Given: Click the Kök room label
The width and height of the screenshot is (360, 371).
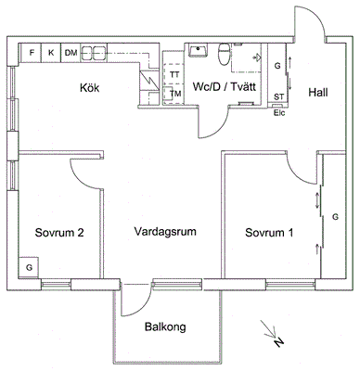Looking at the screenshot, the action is tap(90, 88).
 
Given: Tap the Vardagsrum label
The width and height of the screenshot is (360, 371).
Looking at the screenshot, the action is tap(165, 231).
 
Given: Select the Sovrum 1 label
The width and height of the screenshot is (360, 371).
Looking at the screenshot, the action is tap(269, 233).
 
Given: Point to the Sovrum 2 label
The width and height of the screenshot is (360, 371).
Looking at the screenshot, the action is tap(59, 233).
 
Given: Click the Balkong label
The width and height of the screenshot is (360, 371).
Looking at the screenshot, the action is tap(165, 326).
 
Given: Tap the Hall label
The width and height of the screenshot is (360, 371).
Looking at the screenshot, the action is tap(318, 93).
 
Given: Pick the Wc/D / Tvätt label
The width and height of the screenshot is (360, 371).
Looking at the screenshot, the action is tap(225, 87).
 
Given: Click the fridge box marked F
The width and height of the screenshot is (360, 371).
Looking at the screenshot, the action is tap(32, 53).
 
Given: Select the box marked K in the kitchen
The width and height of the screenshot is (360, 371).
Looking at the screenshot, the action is tap(51, 53).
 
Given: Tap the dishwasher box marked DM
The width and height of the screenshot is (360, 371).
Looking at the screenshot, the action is tap(71, 53).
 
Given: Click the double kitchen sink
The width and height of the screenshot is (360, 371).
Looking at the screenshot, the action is tap(94, 54).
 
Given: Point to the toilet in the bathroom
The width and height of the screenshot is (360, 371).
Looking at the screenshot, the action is tap(224, 54).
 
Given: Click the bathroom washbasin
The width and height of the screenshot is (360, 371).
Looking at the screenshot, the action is tap(198, 50).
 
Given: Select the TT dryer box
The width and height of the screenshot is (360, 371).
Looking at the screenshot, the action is tap(174, 73).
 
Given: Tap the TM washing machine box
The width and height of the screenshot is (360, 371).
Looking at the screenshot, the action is tap(174, 94).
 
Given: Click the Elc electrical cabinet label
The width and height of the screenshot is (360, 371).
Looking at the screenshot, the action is tap(279, 113).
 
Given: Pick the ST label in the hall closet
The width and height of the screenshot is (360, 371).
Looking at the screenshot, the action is tap(279, 97).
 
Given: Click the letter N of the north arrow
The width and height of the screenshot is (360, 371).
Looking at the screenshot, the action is tap(278, 342).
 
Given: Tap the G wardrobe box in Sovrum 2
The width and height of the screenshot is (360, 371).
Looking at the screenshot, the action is tap(29, 267).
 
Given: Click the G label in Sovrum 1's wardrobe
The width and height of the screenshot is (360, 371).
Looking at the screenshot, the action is tap(335, 217).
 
